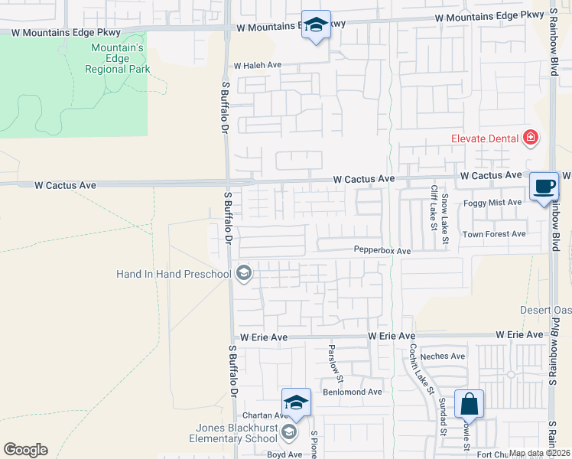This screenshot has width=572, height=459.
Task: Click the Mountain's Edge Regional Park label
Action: [x=116, y=58]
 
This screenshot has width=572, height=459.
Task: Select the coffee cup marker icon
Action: [x=544, y=187]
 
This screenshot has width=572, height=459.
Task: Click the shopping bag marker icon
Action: [x=470, y=402]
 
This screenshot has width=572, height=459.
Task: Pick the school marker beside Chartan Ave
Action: [x=296, y=402]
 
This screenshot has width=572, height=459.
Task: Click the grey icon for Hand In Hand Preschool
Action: [x=244, y=273]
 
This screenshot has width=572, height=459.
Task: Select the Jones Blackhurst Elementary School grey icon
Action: [x=288, y=433]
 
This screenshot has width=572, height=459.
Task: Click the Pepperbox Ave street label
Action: [x=382, y=251]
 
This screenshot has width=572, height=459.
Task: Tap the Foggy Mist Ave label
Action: [x=492, y=203]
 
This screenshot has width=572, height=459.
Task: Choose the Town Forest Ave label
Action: [x=494, y=234]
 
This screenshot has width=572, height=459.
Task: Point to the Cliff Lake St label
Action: [x=433, y=207]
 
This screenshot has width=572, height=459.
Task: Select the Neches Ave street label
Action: [x=448, y=356]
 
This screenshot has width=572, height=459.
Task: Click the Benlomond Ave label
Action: [x=353, y=392]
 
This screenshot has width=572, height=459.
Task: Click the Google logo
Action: [x=25, y=450]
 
